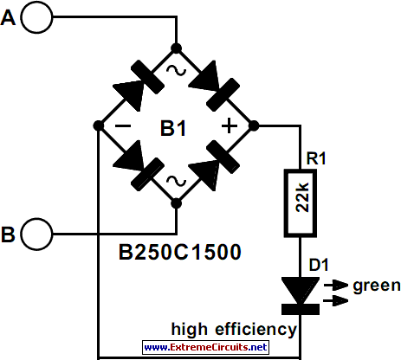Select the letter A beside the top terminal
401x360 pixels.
coord(8,17)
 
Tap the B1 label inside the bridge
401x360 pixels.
coord(173,128)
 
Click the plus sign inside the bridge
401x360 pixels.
coord(230,125)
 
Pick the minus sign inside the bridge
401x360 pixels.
coord(123,125)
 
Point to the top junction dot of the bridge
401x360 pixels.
coord(176,48)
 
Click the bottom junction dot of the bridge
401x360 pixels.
coord(176,203)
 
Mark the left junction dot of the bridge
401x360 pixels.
coord(99,125)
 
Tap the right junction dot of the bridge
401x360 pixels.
coord(254,125)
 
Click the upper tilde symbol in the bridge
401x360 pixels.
coord(176,70)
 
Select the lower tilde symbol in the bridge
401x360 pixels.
coord(176,181)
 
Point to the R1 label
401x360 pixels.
coord(316,158)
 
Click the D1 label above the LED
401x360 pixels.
coord(319,265)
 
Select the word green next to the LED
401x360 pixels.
coord(377,286)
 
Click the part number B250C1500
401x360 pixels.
coord(180,252)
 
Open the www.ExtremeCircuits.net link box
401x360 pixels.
coord(205,347)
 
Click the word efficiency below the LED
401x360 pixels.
coord(256,329)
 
